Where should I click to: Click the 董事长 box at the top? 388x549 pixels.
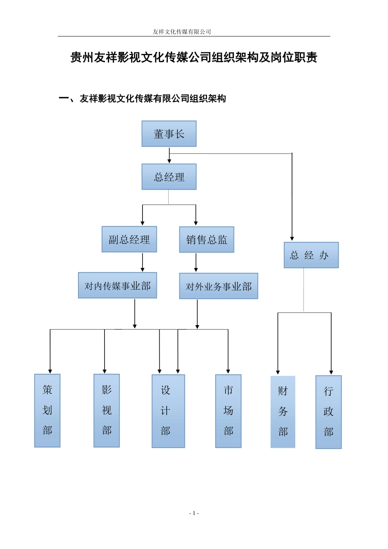coord(169,134)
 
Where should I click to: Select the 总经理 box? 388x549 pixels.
coord(169,177)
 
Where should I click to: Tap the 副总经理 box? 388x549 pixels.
coord(129,239)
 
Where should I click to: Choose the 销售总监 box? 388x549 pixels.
coord(207,240)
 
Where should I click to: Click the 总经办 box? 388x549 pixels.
coord(311,255)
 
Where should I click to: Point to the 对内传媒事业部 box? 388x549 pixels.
coord(118,286)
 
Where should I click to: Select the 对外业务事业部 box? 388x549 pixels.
coord(219,286)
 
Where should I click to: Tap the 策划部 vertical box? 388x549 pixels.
coord(47,411)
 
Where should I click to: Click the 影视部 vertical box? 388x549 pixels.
coord(107,411)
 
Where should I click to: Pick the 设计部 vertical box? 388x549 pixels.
coord(168,411)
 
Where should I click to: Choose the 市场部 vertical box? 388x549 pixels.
coord(228,411)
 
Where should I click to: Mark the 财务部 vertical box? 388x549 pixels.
coord(283,412)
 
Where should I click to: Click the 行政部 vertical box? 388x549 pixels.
coord(328,412)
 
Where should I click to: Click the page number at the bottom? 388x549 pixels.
coord(194,513)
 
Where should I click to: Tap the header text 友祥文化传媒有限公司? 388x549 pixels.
coord(182,31)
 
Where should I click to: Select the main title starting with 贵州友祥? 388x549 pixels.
coord(194,58)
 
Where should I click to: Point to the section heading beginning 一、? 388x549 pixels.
coord(143,98)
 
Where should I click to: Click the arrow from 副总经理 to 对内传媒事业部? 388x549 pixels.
coord(143,262)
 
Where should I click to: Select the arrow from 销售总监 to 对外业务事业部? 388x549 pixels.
coord(196,263)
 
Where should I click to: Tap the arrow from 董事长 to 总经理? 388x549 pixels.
coord(169,156)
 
